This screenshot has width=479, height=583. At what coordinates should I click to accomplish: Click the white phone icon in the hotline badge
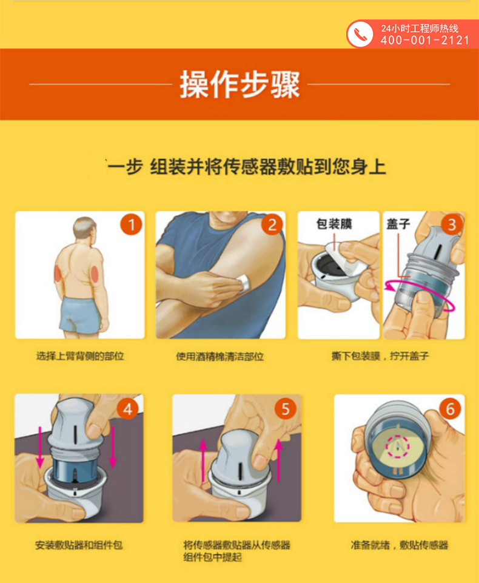pos(360,34)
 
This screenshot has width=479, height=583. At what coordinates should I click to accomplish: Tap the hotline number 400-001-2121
pos(425,40)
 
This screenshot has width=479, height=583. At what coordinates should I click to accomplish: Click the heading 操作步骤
pos(239,85)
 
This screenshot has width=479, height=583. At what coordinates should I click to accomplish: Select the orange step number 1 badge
pos(131,224)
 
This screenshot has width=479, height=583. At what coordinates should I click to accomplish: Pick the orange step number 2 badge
pos(272,224)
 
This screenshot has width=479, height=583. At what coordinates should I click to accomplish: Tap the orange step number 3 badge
pos(452,224)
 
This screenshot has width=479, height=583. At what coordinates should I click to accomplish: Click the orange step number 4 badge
pos(127,409)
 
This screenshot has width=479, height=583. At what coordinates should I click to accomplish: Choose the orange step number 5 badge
pos(286,409)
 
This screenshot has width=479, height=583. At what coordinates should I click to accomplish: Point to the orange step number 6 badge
pos(450,409)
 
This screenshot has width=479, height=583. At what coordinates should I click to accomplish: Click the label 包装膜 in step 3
pos(334,224)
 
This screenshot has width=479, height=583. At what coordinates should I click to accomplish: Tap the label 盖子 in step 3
pos(398,224)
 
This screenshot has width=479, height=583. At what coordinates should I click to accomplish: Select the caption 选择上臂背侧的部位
pos(80,356)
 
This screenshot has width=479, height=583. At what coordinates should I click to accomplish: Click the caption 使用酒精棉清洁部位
pos(220,357)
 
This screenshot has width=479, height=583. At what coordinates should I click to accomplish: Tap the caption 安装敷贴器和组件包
pos(79,545)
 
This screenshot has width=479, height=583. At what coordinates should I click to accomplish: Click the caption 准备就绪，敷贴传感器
pos(400,545)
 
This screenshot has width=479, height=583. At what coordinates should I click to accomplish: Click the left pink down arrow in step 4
pos(40,447)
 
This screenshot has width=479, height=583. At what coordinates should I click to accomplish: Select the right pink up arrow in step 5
pos(278,460)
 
